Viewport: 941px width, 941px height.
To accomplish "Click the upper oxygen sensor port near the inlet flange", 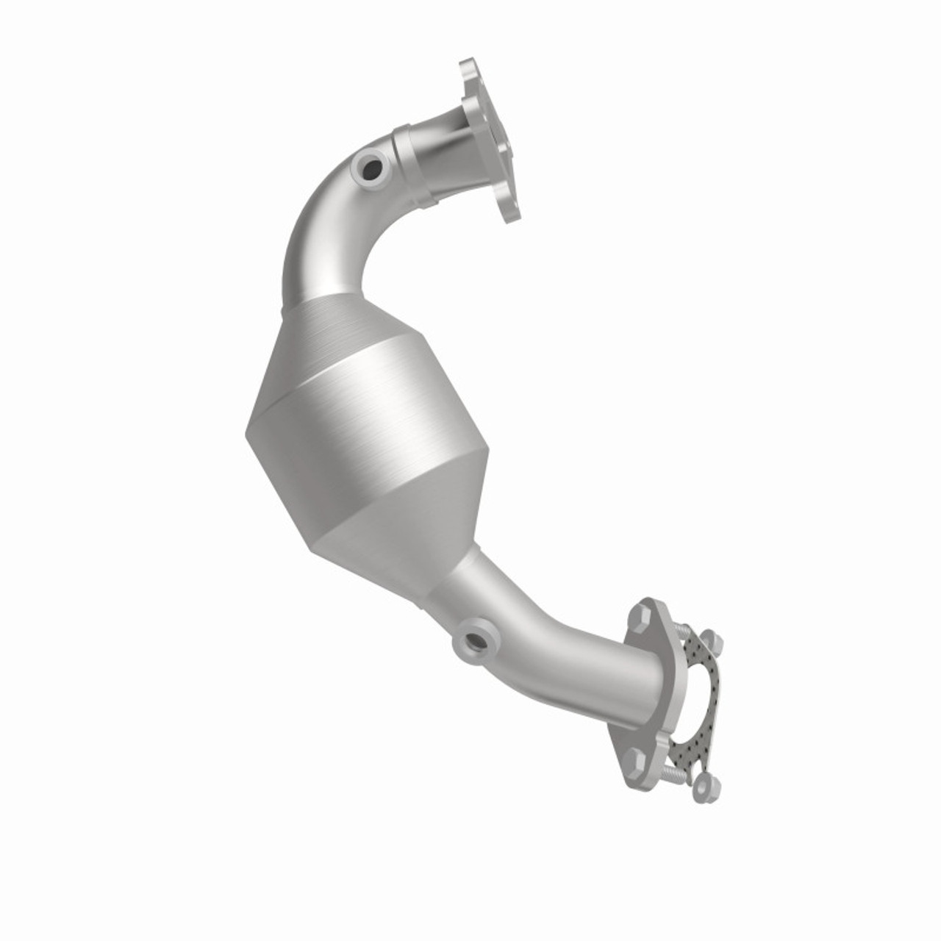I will [371, 168].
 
